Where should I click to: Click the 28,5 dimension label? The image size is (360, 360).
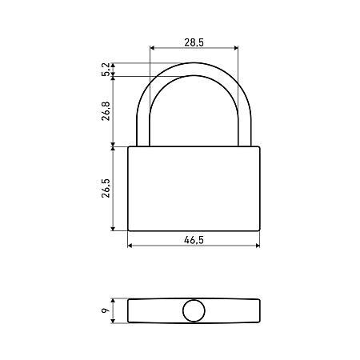coord(194,42)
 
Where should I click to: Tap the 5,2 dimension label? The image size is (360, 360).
coord(106,70)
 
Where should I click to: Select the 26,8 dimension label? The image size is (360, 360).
coord(106,111)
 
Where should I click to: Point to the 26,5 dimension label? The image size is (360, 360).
coord(106,188)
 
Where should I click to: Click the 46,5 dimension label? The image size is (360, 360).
coord(194,240)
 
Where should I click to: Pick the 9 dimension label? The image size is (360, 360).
coord(106,310)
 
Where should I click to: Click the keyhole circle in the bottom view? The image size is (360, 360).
coord(194,310)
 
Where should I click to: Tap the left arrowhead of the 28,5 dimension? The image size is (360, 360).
coord(152,48)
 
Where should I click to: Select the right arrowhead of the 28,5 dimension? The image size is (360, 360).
coord(236,48)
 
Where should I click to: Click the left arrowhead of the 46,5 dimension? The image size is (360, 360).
coord(130,246)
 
